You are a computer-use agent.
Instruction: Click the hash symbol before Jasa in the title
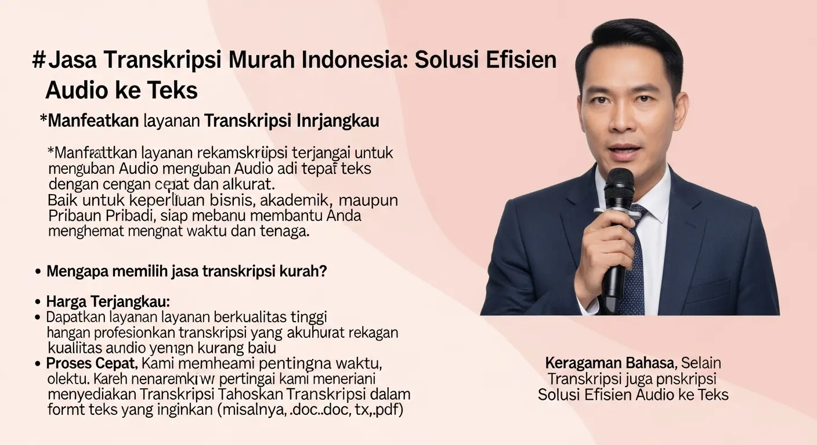click(38, 60)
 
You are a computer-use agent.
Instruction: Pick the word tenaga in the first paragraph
click(285, 232)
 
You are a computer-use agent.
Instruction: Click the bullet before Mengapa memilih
click(38, 272)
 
